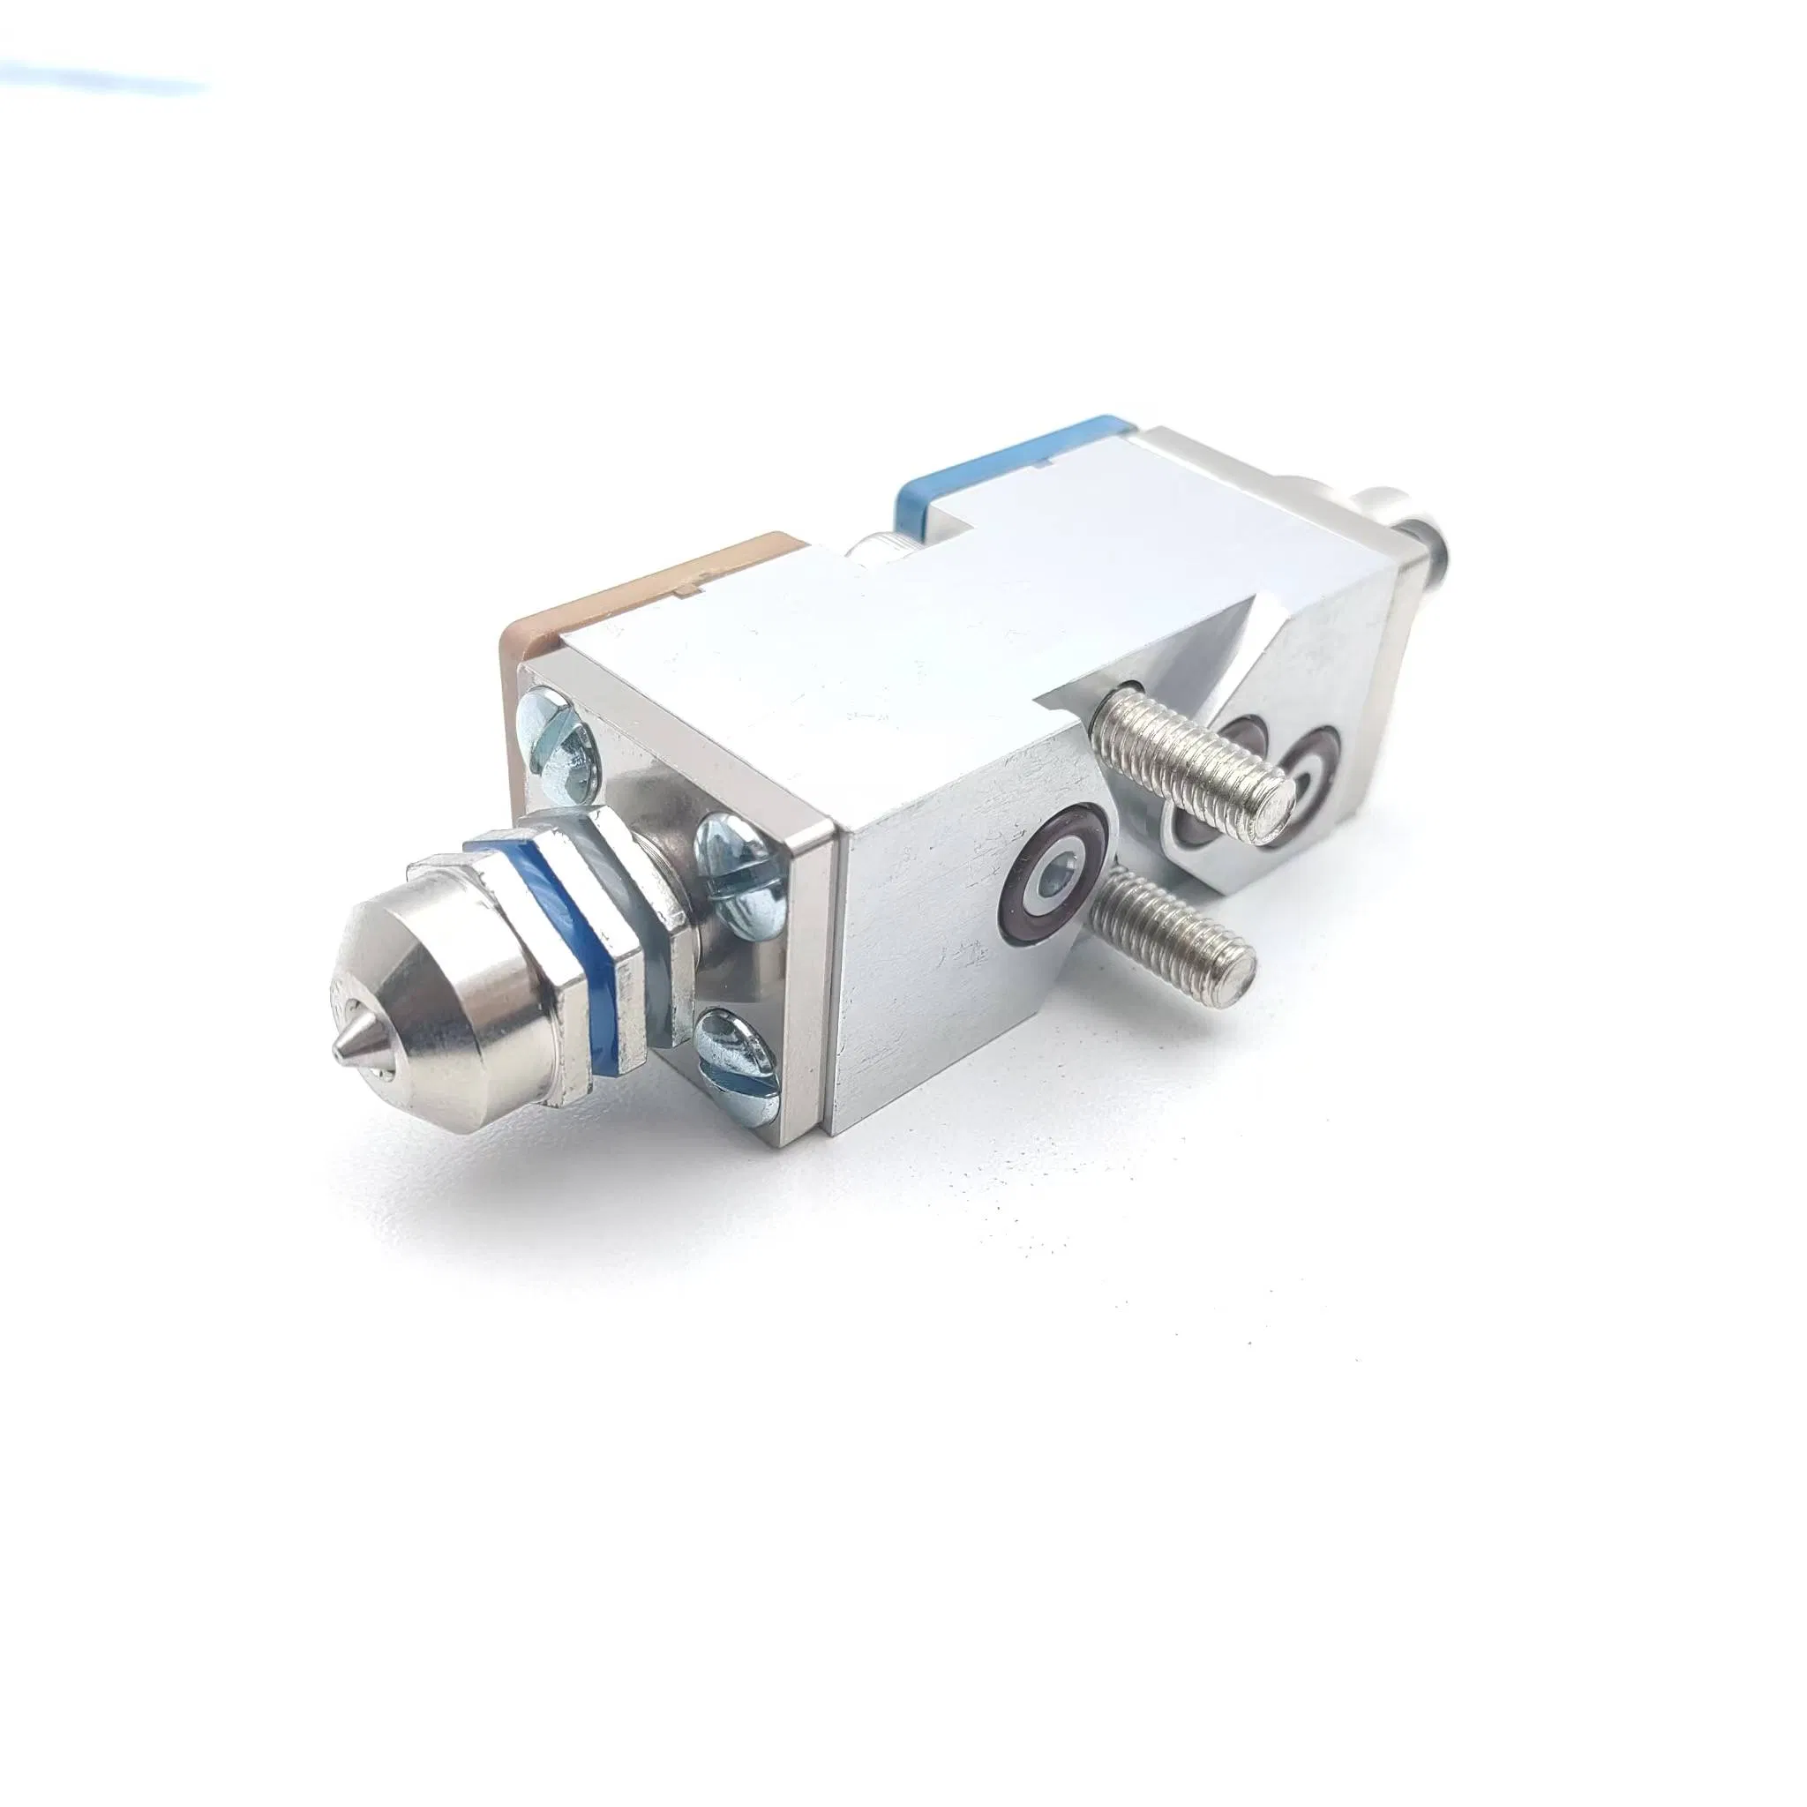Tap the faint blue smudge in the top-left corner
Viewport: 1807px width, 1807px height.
click(103, 79)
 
